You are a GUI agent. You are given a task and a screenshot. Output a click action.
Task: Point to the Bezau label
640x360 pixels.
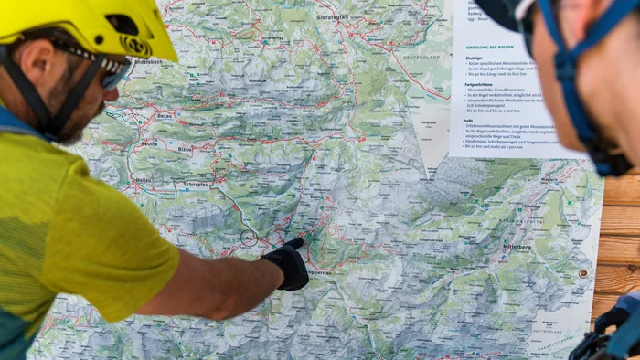click(x=165, y=117)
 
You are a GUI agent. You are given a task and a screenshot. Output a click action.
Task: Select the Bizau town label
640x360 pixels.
click(x=186, y=148)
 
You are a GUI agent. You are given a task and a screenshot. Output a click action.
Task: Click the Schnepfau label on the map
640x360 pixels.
click(x=196, y=184)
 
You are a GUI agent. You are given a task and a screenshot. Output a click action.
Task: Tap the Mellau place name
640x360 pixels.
click(x=144, y=180)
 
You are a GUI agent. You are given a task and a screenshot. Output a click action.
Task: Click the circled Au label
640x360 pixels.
click(x=248, y=237)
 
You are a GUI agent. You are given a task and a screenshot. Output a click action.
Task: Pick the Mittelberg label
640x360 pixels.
click(x=517, y=247)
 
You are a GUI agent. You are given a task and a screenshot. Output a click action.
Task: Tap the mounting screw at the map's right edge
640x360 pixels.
click(x=583, y=272)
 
